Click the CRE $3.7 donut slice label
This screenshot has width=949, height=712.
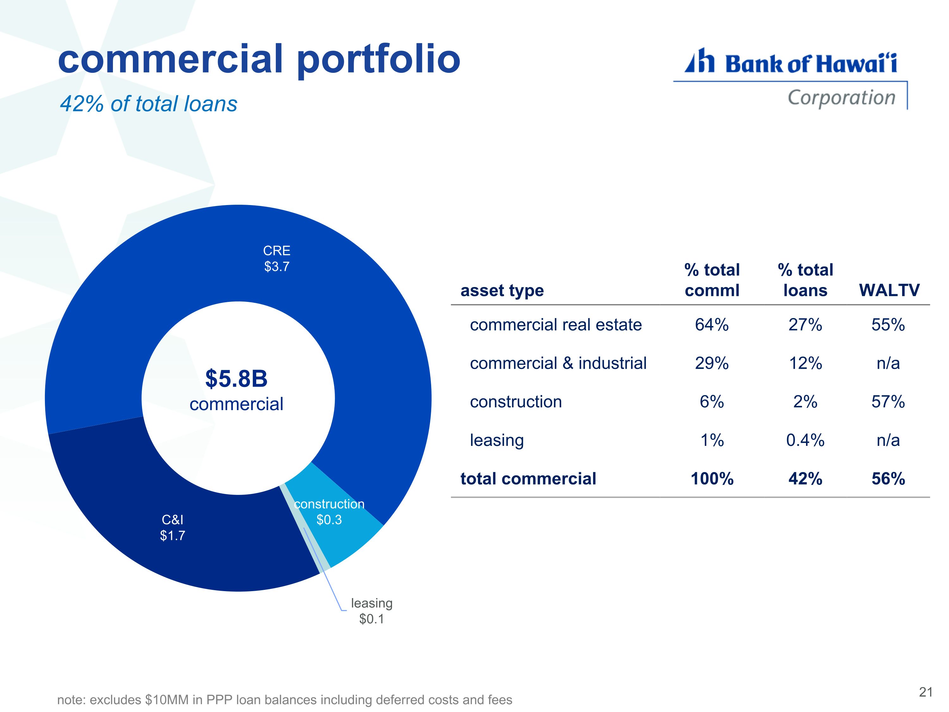(277, 258)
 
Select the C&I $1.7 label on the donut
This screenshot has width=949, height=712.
(172, 528)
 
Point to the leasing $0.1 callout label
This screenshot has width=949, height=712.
(372, 611)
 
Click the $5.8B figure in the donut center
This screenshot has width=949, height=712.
(236, 378)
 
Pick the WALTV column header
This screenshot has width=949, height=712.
(889, 290)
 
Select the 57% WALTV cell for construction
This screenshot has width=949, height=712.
(888, 402)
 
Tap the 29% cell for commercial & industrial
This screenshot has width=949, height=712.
(712, 363)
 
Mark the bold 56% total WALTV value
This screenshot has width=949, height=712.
(888, 478)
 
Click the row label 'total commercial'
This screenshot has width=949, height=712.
(528, 478)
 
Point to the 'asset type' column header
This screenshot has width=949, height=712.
(502, 290)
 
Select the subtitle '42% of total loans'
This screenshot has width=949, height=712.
(148, 104)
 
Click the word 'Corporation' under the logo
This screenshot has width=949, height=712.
(841, 98)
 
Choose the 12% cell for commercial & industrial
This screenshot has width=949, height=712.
(805, 363)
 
